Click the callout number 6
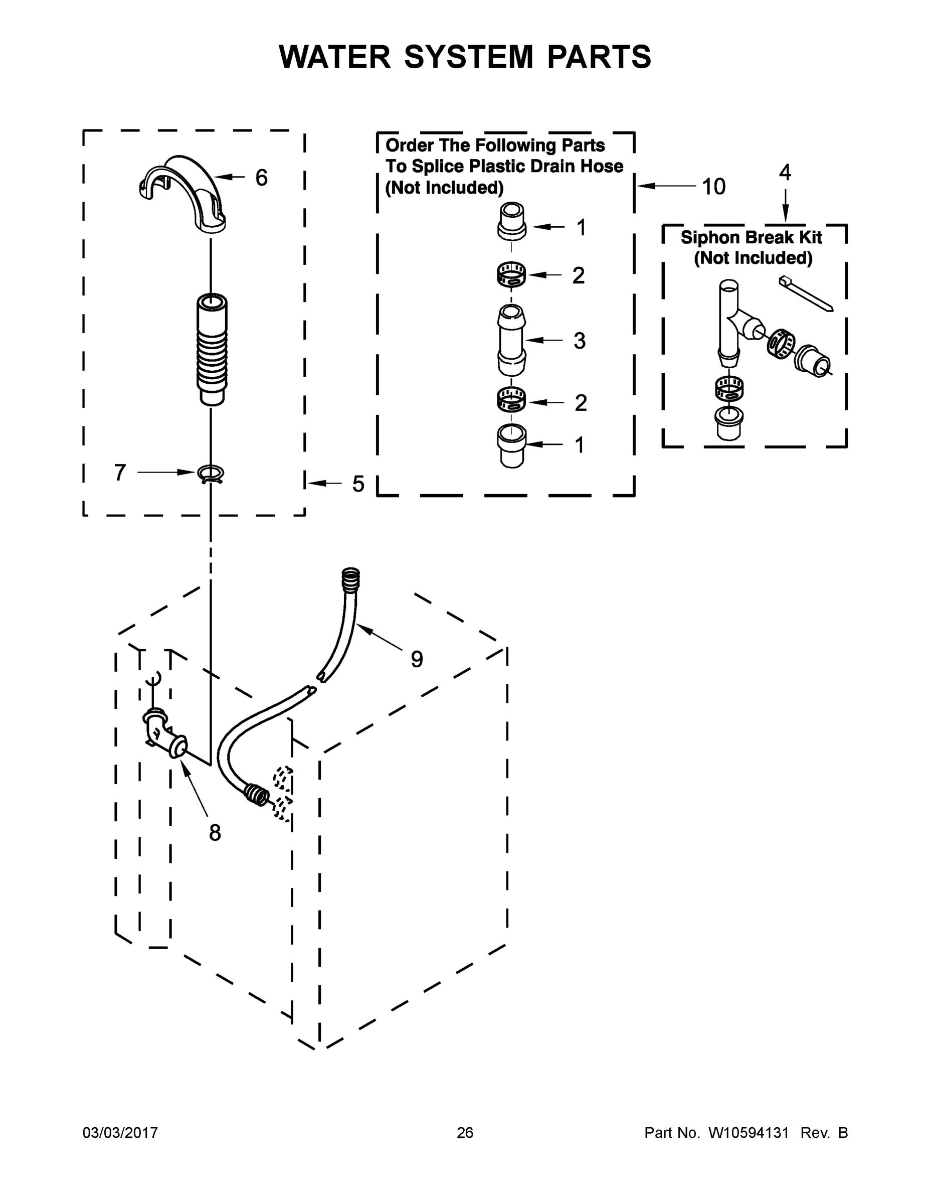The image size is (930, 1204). [x=261, y=178]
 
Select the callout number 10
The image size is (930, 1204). [x=713, y=187]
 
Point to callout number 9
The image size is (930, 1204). [x=417, y=658]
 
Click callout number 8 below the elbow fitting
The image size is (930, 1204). [x=215, y=832]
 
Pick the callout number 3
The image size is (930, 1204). [x=579, y=341]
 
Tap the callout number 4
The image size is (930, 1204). [x=785, y=173]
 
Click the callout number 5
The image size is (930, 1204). [x=358, y=484]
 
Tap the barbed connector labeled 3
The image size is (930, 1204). [x=512, y=340]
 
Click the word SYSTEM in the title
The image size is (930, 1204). [x=468, y=57]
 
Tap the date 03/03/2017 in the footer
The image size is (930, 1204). [x=120, y=1132]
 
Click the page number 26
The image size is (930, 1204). [x=465, y=1132]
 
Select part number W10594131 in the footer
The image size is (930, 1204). [x=748, y=1132]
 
